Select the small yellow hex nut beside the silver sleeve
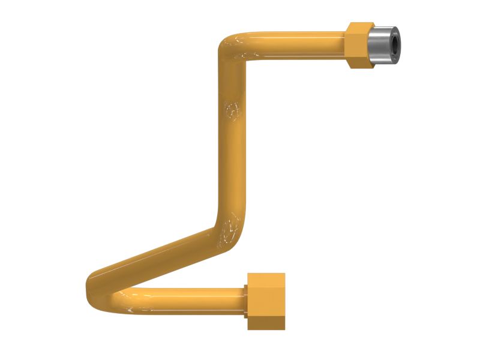(x=360, y=45)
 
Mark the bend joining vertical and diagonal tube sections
(x=231, y=231)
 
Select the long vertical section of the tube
(x=233, y=138)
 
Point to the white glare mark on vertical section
(x=233, y=110)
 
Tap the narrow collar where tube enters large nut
(x=245, y=300)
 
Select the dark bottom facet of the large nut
(x=266, y=325)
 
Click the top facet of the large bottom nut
(x=266, y=278)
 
